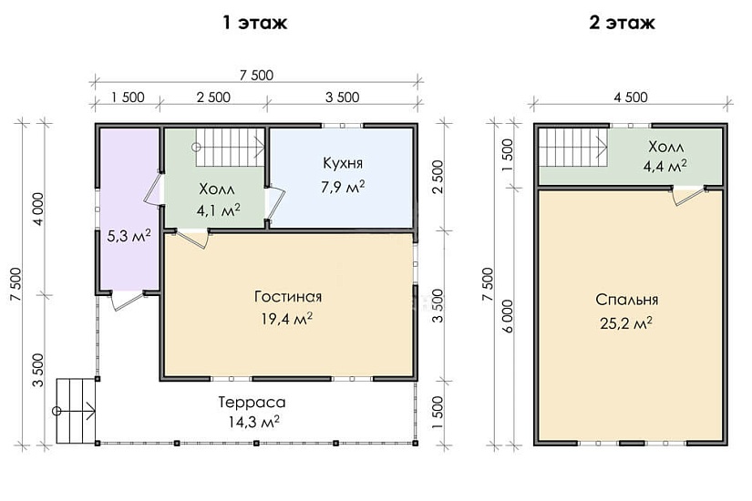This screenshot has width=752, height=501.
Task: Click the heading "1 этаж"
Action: point(254,23)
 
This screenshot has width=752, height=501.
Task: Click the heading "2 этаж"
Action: point(622,23)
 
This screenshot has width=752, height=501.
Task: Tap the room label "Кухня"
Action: point(343,163)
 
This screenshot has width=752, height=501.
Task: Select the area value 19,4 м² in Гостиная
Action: point(287,318)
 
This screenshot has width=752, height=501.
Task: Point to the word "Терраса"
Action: point(252,402)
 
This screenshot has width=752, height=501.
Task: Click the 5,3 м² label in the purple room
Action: point(129,235)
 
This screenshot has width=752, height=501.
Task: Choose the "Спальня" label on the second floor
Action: point(627,300)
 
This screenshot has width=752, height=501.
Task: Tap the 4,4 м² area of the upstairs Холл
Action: point(664,166)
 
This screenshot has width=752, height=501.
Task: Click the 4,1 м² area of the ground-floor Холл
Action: point(218,210)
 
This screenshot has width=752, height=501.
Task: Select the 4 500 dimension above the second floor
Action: point(631,97)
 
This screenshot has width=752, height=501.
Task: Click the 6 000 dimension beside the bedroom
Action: point(509,316)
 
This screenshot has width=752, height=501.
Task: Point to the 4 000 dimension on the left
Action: point(38,209)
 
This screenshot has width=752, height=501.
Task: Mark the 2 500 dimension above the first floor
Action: point(213,97)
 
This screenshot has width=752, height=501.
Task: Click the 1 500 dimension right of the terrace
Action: point(438,413)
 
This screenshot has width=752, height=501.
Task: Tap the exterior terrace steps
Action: point(76,411)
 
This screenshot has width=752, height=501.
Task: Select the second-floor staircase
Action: point(573,148)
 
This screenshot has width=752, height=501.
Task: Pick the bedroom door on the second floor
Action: point(690,196)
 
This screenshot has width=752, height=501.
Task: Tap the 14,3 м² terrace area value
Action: point(254,422)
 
